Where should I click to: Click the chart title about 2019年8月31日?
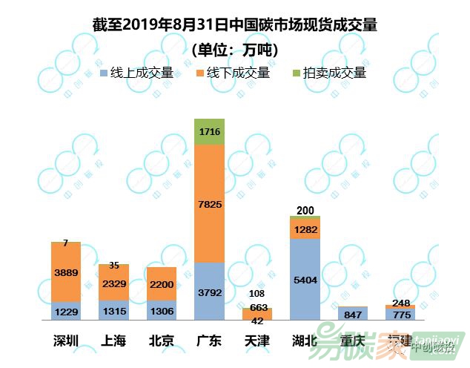click(235, 26)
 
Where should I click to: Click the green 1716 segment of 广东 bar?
click(209, 131)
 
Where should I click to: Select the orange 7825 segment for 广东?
click(209, 203)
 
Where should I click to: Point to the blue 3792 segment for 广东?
click(209, 292)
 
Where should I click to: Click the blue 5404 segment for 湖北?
click(304, 280)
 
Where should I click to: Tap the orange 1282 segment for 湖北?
click(304, 229)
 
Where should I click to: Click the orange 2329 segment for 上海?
click(114, 283)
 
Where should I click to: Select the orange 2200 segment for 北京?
click(162, 283)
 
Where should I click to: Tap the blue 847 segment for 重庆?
click(352, 314)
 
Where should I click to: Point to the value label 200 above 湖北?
click(305, 211)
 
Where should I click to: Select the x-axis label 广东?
click(209, 341)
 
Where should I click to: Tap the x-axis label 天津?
click(257, 341)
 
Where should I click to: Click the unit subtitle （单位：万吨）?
click(235, 50)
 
